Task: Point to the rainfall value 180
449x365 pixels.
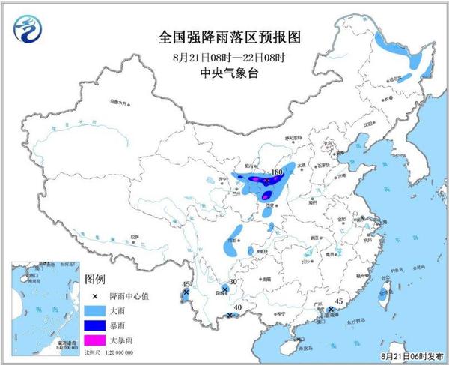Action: (277, 172)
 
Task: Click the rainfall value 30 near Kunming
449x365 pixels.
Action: (233, 283)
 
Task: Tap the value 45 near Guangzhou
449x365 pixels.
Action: (338, 301)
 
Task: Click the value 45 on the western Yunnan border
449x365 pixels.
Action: (186, 284)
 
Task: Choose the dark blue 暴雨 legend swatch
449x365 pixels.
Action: (95, 325)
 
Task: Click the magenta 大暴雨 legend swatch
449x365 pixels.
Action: (95, 340)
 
